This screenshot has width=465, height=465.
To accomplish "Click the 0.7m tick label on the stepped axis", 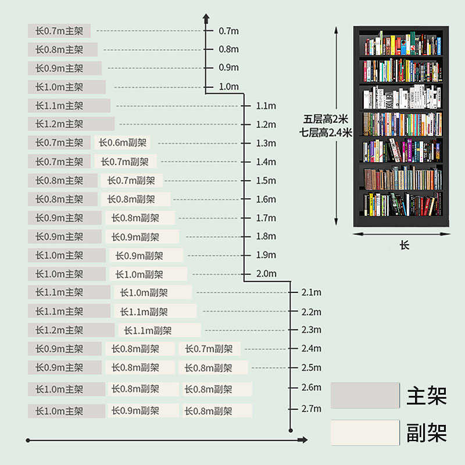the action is pyautogui.click(x=228, y=31).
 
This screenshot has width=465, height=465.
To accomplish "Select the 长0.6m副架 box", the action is pyautogui.click(x=122, y=142).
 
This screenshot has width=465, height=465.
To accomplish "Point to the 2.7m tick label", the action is pyautogui.click(x=311, y=409).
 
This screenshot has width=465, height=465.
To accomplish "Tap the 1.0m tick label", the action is pyautogui.click(x=228, y=87).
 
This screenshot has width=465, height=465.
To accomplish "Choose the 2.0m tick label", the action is pyautogui.click(x=266, y=273).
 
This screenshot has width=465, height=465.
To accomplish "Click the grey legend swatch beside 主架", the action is pyautogui.click(x=365, y=395).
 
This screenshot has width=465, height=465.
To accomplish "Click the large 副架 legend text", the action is pyautogui.click(x=427, y=432).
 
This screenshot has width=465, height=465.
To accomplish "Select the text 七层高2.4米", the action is pyautogui.click(x=326, y=132).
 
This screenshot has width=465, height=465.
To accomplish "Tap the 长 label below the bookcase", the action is pyautogui.click(x=405, y=245).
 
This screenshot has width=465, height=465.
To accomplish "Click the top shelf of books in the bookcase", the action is pyautogui.click(x=402, y=44).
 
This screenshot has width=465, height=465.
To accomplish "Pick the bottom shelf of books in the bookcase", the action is pyautogui.click(x=402, y=204).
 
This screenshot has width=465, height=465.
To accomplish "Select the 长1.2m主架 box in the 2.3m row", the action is pyautogui.click(x=71, y=330).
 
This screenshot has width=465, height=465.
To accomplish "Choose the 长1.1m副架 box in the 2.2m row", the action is pyautogui.click(x=155, y=312).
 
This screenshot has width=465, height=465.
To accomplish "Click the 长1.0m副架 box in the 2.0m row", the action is pyautogui.click(x=150, y=274).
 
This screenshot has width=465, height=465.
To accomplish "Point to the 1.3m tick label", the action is pyautogui.click(x=266, y=143).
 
